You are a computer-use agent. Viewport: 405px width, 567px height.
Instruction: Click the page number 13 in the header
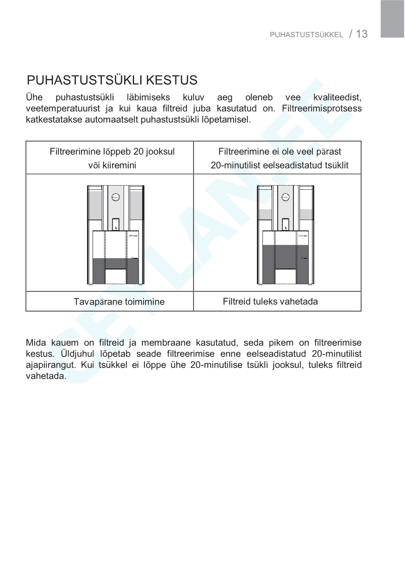point(362,34)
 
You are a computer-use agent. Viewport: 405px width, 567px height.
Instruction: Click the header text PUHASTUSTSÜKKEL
point(306,35)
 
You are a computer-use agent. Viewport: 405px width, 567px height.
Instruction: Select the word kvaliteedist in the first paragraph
point(337,98)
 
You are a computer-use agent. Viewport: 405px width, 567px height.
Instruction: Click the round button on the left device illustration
point(116,197)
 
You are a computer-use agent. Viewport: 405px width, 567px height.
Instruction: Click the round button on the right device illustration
point(285,197)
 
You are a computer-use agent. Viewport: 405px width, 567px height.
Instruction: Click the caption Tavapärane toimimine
point(119,302)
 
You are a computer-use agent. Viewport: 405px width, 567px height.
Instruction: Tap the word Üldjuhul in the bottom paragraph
point(62,354)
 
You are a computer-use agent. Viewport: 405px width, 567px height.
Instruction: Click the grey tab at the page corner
point(393,19)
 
